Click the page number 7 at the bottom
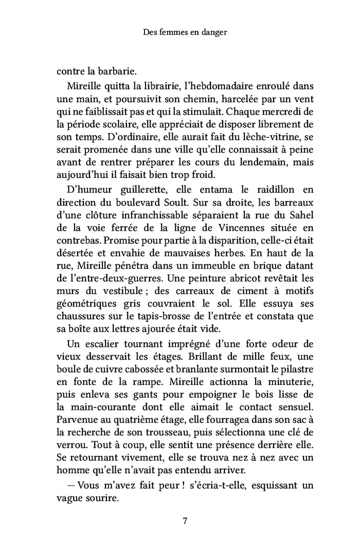(185, 521)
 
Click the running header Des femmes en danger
(185, 32)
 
